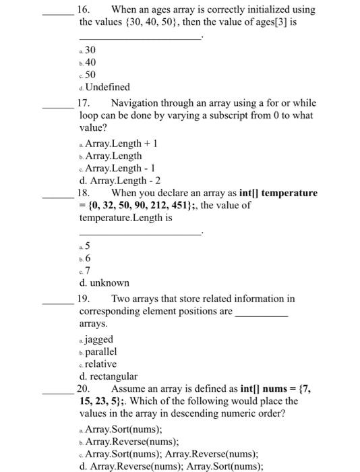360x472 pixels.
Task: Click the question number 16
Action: coord(84,9)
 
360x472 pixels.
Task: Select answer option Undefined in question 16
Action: coord(107,87)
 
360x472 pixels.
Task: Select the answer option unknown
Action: coord(104,283)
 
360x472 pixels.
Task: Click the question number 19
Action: coord(85,299)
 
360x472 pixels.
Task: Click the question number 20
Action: coord(84,389)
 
